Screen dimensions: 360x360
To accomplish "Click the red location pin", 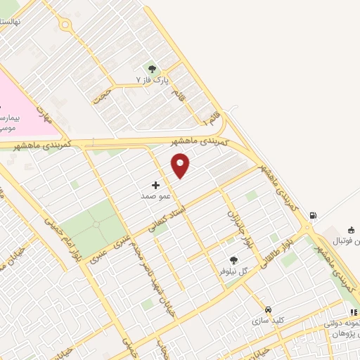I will (181, 165).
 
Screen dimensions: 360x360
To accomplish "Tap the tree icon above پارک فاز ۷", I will (152, 67).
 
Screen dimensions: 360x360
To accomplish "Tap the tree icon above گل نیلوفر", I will (233, 260).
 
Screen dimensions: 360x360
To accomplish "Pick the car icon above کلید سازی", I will (268, 309).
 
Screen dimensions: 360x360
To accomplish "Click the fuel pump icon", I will (313, 215).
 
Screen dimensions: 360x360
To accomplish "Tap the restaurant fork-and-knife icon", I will (352, 311).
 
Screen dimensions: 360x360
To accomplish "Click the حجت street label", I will (105, 92).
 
